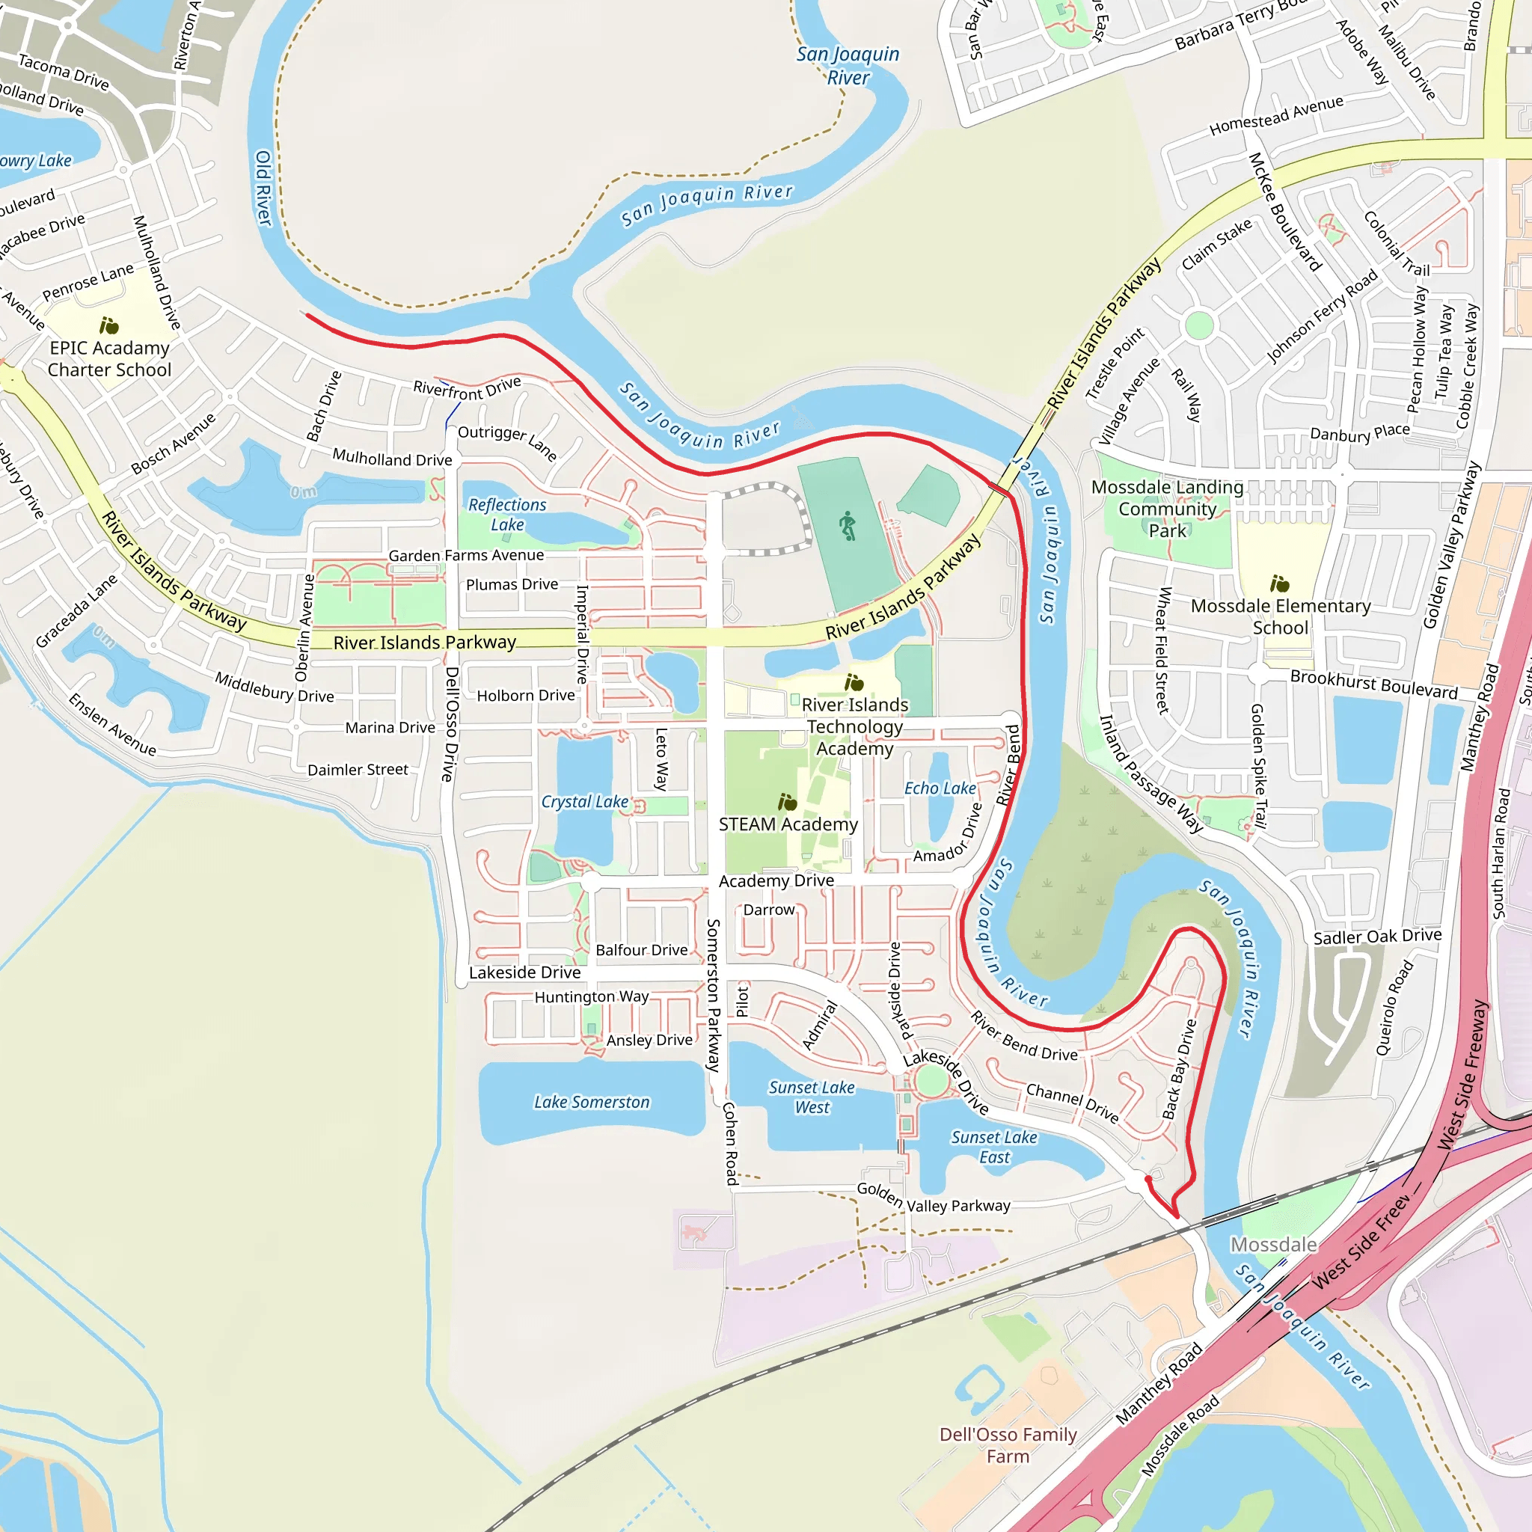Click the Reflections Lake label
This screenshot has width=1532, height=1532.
[x=506, y=515]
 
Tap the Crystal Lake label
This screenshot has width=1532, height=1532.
[x=584, y=802]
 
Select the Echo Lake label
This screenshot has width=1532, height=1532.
[x=940, y=788]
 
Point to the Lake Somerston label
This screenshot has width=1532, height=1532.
[x=592, y=1102]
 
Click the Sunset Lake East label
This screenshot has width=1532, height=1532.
[x=994, y=1148]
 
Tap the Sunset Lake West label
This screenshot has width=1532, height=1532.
[x=811, y=1097]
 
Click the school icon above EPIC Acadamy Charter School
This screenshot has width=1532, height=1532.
[x=108, y=326]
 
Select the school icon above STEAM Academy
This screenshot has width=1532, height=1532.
[x=787, y=803]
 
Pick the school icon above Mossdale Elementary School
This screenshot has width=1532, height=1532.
[x=1280, y=584]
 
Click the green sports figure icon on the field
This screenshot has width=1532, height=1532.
[x=848, y=526]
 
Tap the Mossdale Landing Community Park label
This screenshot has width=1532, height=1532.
[x=1167, y=509]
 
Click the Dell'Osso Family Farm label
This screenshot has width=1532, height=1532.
[x=1008, y=1444]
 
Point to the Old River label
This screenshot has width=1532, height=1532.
[x=263, y=188]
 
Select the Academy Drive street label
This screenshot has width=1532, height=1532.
[x=776, y=881]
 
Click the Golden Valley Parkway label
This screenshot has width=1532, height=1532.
[x=934, y=1198]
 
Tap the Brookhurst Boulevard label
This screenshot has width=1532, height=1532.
[x=1373, y=684]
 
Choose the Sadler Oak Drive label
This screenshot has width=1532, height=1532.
[x=1377, y=937]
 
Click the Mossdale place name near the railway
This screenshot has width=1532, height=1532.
[x=1273, y=1244]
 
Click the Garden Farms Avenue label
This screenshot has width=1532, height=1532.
[x=466, y=555]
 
